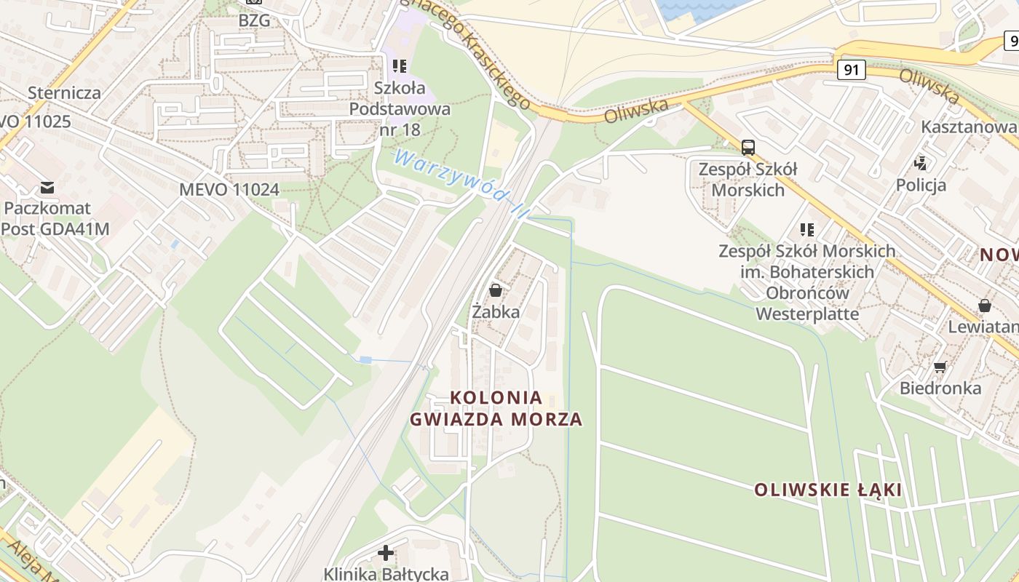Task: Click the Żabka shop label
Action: (496, 312)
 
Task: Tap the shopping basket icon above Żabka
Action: (496, 290)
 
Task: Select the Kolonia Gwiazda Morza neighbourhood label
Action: (496, 408)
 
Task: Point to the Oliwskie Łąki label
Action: (828, 490)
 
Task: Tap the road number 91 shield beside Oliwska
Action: (851, 70)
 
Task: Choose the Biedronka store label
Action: (940, 388)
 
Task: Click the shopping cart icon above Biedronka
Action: (940, 367)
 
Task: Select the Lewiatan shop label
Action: (983, 327)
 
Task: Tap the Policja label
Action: (921, 185)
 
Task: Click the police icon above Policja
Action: (921, 163)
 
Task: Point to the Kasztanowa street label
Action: (968, 127)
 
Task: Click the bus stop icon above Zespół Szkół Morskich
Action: (748, 148)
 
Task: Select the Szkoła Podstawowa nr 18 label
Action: (400, 109)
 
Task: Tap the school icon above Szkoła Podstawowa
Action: (400, 66)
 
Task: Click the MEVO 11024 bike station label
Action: (229, 190)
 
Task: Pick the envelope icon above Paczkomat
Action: (48, 187)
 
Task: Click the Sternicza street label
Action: (64, 93)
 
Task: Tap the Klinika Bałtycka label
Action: (386, 574)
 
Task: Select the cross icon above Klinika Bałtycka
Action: (386, 553)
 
